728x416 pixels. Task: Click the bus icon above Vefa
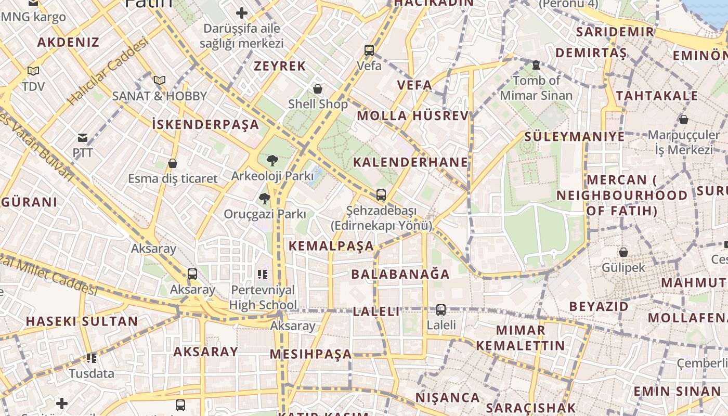pos(369,50)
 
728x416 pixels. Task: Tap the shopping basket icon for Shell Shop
pos(318,89)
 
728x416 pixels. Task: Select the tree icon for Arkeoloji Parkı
pos(271,161)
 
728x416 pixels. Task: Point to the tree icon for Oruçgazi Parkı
pos(265,199)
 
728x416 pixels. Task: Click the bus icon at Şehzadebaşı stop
pos(381,195)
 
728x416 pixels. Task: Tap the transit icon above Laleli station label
pos(441,310)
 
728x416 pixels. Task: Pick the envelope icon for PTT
pos(82,138)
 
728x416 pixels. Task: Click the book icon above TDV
pos(33,71)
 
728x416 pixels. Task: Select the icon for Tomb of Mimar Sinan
pos(536,66)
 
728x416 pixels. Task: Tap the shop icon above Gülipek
pos(623,253)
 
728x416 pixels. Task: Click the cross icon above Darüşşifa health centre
pos(242,13)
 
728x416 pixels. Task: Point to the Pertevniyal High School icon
pos(263,274)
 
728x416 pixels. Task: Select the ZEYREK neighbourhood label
pos(280,67)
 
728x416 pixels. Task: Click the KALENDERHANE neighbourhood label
pos(410,162)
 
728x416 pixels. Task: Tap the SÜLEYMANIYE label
pos(574,137)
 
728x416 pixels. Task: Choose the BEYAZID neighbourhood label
pos(599,306)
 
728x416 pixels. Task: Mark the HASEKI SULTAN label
pos(82,321)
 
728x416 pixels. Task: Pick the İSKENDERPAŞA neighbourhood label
pos(205,125)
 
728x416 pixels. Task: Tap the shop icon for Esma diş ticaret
pos(173,164)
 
